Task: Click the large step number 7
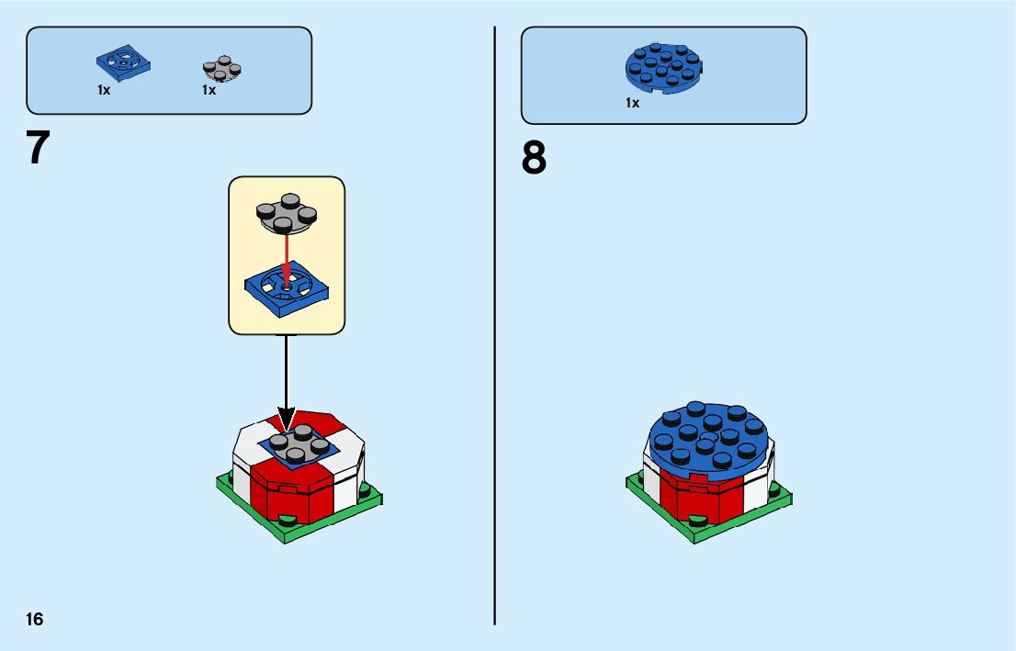38,148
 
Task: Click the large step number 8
534,159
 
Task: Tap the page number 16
34,619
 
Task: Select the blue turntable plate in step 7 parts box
123,64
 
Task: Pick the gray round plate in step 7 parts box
221,69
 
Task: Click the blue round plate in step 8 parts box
664,67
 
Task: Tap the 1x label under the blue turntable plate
104,90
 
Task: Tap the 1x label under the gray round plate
209,90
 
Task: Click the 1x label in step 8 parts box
632,103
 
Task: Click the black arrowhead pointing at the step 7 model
287,421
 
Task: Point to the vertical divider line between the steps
495,331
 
